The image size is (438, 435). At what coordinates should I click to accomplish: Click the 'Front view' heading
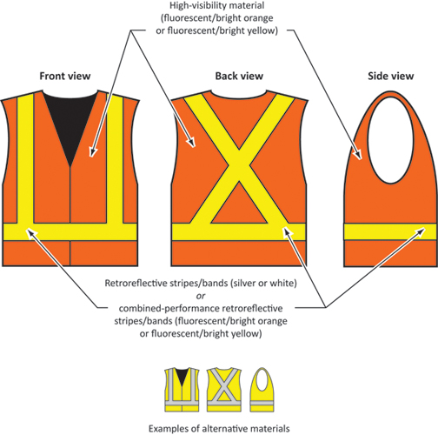tap(65, 76)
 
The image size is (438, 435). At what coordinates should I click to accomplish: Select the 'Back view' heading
tap(239, 76)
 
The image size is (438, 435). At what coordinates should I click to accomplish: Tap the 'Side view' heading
tap(390, 76)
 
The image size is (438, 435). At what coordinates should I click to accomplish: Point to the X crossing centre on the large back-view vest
tap(239, 165)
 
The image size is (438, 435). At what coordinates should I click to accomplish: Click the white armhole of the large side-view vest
tap(390, 140)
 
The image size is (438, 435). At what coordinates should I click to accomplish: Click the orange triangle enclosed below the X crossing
tap(239, 206)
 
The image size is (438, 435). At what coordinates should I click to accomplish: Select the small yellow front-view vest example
tap(182, 390)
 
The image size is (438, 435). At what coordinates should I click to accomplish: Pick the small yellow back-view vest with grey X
tap(223, 390)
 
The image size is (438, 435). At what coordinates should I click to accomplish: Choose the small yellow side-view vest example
tap(262, 390)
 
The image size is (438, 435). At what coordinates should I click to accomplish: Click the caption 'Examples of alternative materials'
tap(219, 428)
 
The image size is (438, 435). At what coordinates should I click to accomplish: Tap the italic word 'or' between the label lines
tap(201, 296)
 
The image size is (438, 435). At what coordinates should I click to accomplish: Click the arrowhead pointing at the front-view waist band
tap(31, 233)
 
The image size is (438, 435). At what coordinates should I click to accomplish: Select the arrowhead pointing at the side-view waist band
tap(421, 232)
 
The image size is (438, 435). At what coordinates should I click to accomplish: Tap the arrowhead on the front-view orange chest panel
tap(93, 151)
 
